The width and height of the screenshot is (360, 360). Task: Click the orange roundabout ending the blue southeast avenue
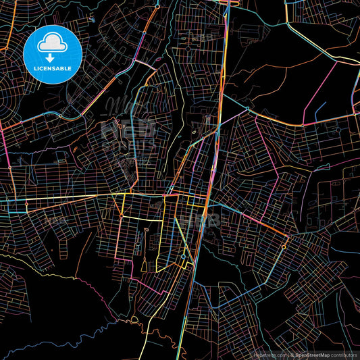284,247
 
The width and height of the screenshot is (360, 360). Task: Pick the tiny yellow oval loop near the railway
194,132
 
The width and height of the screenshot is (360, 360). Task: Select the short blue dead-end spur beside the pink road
319,107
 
